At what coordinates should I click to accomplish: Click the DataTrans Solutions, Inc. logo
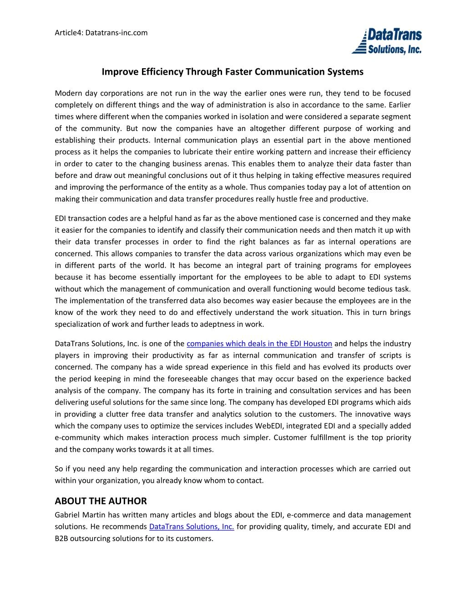pyautogui.click(x=387, y=41)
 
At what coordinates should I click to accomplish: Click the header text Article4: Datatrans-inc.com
pyautogui.click(x=101, y=33)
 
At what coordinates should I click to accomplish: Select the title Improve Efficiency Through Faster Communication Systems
pyautogui.click(x=233, y=72)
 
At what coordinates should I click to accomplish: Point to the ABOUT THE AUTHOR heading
pyautogui.click(x=101, y=501)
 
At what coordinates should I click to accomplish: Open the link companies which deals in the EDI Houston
pyautogui.click(x=259, y=344)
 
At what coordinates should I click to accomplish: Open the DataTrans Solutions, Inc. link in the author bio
pyautogui.click(x=192, y=527)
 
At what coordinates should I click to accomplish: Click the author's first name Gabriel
pyautogui.click(x=67, y=515)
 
